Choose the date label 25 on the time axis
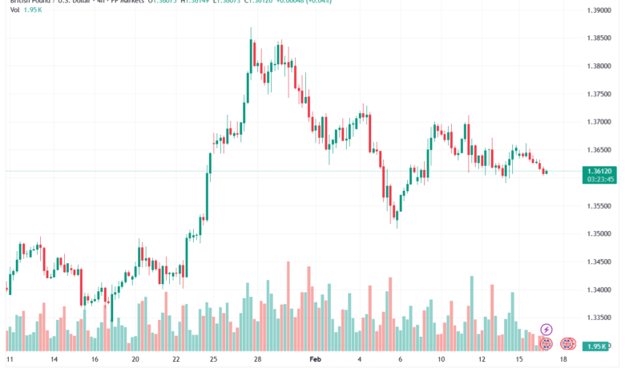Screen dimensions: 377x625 (x=212, y=361)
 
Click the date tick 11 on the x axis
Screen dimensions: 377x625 (x=10, y=361)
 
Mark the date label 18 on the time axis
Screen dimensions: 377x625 (x=563, y=361)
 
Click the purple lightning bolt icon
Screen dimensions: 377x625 (x=546, y=329)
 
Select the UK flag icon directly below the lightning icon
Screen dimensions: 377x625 (x=546, y=343)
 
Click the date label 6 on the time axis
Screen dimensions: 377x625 (x=398, y=361)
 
